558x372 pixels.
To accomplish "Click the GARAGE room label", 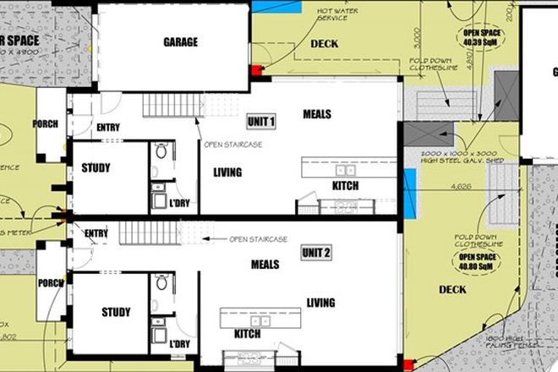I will point(180,42).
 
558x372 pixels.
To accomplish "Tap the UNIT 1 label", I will point(261,122).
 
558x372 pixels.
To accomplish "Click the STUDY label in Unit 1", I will point(96,167).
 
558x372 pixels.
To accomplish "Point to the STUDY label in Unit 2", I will point(116,312).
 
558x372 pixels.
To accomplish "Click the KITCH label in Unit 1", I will point(345,185).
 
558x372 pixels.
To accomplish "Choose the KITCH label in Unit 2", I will point(247,333).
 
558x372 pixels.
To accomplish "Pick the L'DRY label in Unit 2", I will point(179,344).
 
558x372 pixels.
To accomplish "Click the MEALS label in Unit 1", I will point(316,114).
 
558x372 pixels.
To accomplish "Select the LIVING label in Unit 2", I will point(320,303).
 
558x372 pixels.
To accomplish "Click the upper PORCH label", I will point(46,124).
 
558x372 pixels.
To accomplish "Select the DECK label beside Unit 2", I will point(452,291).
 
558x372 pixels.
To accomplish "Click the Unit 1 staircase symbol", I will point(172,107).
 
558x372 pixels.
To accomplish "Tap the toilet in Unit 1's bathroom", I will point(161,153).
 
